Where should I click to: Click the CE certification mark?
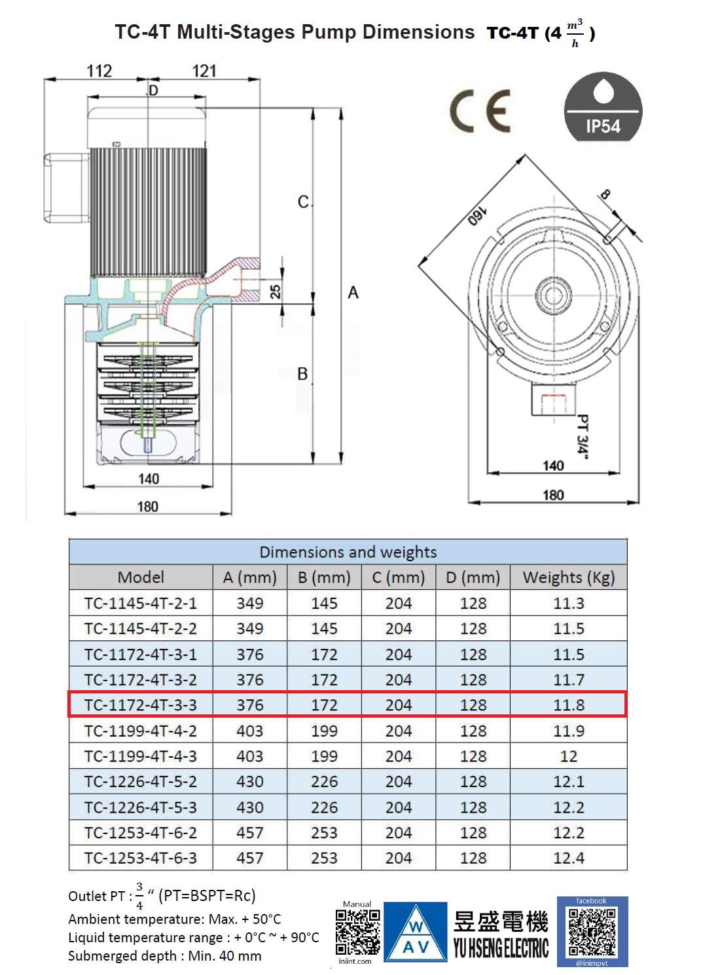pos(480,111)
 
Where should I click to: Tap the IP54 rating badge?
pos(603,107)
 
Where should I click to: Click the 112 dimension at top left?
pos(99,71)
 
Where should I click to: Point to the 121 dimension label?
pos(204,71)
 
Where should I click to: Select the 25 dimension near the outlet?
pos(276,291)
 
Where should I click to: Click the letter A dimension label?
pos(353,293)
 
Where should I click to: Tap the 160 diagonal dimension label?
pos(477,216)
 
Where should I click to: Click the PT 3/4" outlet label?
pos(582,434)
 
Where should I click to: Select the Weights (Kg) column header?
pos(568,578)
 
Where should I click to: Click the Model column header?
pos(141,578)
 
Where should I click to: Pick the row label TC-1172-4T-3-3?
pos(141,705)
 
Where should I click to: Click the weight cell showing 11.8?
pos(568,705)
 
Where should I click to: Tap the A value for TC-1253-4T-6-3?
pos(250,858)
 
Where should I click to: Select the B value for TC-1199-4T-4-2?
pos(324,731)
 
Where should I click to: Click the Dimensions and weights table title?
pos(348,552)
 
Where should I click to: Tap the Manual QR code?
pos(357,932)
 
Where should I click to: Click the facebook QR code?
pos(592,932)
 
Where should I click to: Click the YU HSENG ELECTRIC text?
pos(501,947)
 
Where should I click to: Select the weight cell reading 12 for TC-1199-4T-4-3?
pos(568,756)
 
